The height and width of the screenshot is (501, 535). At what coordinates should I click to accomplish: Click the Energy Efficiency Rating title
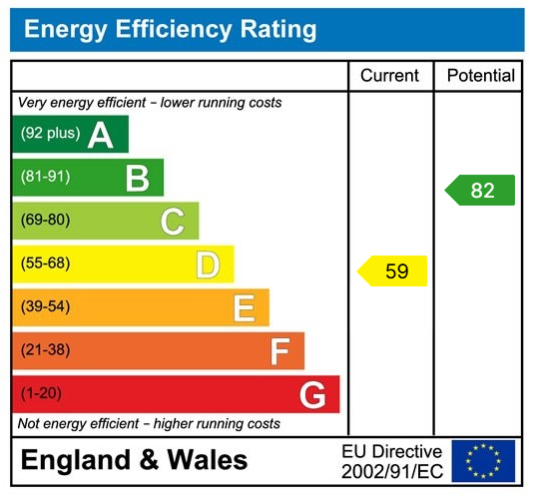(170, 30)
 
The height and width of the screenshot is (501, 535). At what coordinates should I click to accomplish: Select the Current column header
(389, 76)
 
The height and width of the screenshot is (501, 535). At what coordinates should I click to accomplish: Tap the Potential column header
(480, 76)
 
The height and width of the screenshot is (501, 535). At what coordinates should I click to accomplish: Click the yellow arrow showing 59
(393, 270)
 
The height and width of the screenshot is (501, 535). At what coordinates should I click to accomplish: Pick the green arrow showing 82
(480, 190)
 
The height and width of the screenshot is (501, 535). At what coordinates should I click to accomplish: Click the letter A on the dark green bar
(101, 135)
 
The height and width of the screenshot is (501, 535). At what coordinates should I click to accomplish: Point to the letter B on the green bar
(137, 178)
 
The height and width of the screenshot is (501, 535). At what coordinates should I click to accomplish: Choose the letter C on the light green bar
(173, 222)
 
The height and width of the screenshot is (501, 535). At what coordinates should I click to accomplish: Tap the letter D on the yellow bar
(208, 264)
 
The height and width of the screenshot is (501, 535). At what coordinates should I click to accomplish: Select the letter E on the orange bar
(244, 308)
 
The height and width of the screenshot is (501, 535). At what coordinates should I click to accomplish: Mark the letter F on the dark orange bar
(280, 351)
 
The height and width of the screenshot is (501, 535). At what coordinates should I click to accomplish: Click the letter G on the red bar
(312, 395)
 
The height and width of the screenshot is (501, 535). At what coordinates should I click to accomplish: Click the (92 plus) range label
(48, 134)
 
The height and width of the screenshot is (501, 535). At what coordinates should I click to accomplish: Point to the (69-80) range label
(45, 221)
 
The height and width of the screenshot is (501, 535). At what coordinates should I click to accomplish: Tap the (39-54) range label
(45, 307)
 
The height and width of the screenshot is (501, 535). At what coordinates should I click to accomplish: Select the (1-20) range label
(41, 394)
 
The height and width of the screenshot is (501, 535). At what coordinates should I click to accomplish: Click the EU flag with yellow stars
(483, 461)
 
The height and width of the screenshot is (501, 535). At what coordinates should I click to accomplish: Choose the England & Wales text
(134, 461)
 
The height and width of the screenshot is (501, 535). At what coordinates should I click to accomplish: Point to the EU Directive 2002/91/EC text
(391, 461)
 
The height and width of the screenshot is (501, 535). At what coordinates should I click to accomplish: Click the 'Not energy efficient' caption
(149, 424)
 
